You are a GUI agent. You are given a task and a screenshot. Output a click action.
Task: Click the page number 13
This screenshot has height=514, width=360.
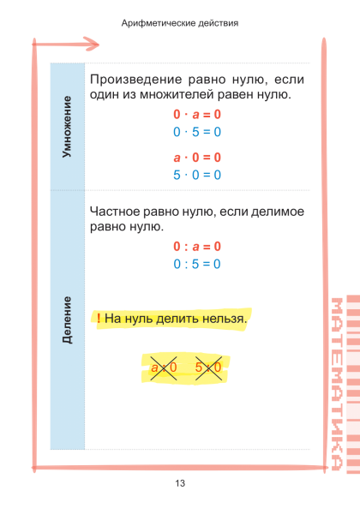(180, 483)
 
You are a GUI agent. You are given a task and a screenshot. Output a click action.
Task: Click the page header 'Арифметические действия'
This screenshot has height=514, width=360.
(180, 23)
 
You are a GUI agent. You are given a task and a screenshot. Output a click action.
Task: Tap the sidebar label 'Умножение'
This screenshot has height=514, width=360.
(67, 127)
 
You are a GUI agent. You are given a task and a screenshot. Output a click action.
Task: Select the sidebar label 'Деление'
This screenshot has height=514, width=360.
(67, 320)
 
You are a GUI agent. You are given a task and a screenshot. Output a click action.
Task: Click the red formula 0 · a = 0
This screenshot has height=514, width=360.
(197, 115)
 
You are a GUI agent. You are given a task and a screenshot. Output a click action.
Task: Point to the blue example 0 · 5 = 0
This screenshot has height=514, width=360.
(197, 132)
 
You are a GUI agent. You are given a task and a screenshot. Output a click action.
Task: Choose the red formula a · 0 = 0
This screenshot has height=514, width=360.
(197, 158)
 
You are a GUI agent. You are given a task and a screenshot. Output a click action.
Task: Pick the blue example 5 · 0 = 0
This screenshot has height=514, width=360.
(197, 175)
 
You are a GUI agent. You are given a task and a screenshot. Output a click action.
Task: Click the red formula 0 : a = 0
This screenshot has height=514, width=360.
(197, 247)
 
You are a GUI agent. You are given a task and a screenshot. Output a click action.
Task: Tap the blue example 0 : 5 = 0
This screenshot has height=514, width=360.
(197, 264)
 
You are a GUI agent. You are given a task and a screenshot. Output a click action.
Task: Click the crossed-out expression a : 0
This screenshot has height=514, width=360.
(164, 368)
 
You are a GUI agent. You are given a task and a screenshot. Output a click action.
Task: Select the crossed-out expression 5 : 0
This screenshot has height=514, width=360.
(208, 368)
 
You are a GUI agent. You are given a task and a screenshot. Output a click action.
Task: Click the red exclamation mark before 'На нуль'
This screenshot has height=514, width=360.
(99, 318)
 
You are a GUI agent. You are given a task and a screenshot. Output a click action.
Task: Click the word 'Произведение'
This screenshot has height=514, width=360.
(135, 80)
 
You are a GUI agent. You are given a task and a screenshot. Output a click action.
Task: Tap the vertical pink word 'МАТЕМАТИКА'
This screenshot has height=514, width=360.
(337, 384)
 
